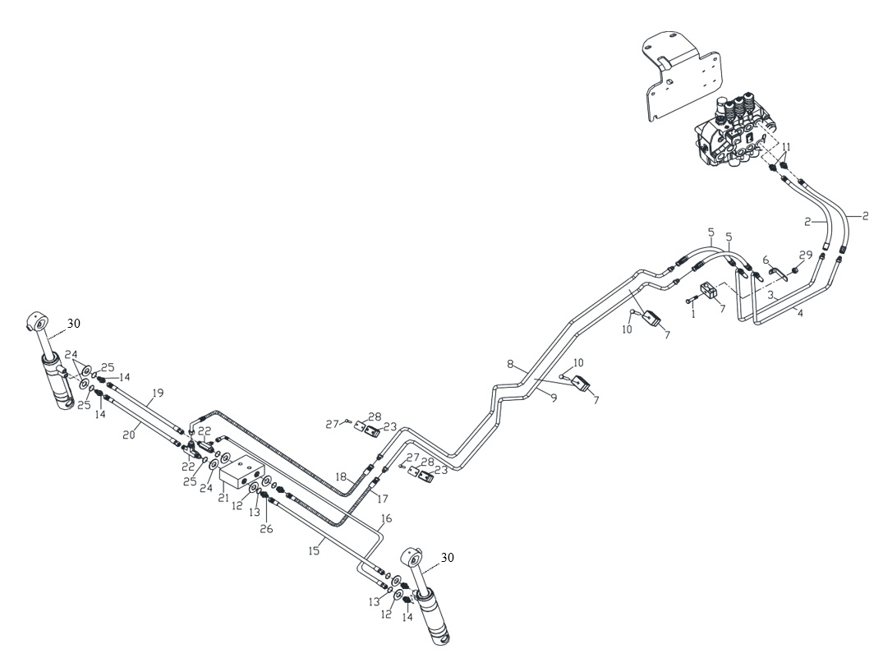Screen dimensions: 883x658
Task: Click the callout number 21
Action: pos(224,498)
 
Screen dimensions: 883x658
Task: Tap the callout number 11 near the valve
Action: pos(786,147)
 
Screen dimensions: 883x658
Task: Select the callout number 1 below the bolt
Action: pos(693,314)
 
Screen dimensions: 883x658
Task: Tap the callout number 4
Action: pos(800,313)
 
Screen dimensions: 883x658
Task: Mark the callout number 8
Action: pos(510,364)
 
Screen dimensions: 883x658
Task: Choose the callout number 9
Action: pos(554,398)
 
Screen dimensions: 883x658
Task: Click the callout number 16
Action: pos(386,518)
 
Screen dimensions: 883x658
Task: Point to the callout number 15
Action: pos(315,550)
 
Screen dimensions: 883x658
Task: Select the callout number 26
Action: pos(266,529)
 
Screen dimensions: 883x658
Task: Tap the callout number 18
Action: pos(341,476)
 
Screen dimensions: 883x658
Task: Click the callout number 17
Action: pos(383,498)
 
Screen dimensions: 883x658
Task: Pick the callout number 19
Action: pos(158,393)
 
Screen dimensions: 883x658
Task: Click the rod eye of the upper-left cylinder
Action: pos(39,323)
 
